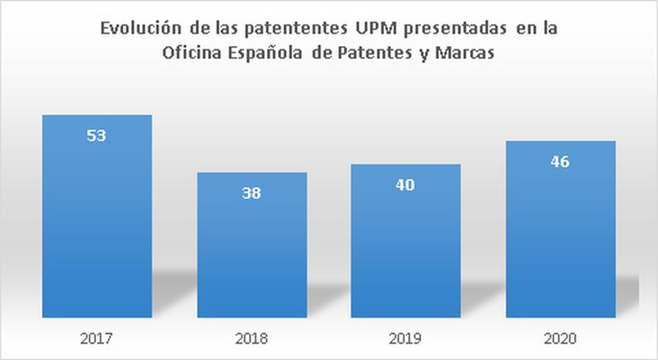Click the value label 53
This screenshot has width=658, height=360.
point(96,135)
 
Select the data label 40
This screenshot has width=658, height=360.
point(405,185)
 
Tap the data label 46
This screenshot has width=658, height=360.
point(559,161)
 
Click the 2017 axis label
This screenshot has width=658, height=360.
point(97,338)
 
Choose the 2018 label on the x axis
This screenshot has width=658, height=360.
point(252,338)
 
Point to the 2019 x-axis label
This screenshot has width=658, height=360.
point(405,338)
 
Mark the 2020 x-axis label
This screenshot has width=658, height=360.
point(560,338)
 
